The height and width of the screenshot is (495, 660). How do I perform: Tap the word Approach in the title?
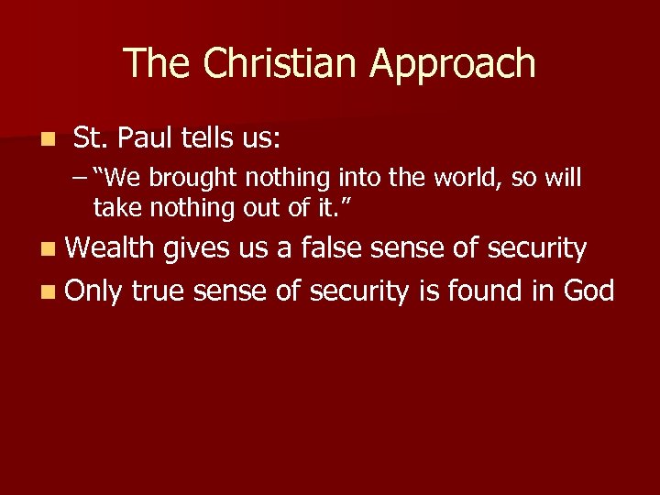click(x=453, y=64)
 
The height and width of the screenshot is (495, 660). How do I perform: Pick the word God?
click(x=588, y=291)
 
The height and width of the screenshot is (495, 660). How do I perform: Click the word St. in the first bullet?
click(x=89, y=138)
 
